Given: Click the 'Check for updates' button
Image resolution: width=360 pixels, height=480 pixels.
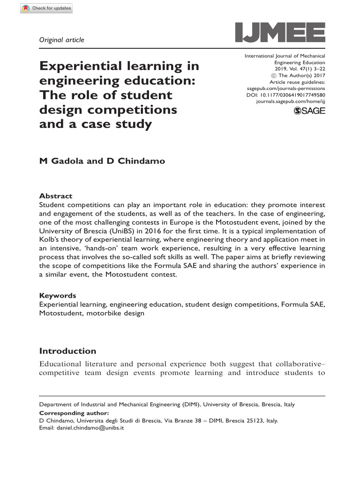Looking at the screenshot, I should point(46,8).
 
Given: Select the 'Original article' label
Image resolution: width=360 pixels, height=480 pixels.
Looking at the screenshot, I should point(61,40).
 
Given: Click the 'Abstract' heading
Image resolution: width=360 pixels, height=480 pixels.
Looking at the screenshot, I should point(55,196).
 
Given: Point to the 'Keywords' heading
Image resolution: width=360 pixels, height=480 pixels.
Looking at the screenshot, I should point(57,296).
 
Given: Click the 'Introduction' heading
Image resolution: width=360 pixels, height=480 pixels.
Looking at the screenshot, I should point(67,351).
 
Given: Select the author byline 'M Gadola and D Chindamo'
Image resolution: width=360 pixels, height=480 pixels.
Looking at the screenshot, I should point(102,161).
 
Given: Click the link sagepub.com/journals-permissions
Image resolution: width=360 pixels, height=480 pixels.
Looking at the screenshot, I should point(286,88).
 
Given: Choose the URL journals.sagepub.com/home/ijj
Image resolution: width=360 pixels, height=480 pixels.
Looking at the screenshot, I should point(291,101).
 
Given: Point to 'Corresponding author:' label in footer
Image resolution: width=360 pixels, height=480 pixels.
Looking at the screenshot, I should point(74,413).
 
